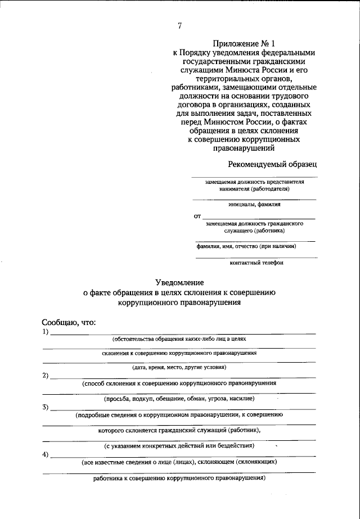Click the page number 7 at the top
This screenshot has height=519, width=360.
[179, 25]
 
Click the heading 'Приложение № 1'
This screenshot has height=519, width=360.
[244, 43]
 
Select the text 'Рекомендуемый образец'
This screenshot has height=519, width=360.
[272, 164]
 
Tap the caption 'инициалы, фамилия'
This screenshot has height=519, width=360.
[254, 205]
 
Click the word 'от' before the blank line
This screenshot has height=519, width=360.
[197, 216]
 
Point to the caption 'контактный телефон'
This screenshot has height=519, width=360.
[256, 263]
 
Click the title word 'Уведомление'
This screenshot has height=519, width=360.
[179, 282]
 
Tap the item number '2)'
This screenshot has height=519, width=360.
[46, 375]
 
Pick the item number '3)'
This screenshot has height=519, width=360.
[46, 407]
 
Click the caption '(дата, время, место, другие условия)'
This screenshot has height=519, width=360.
[179, 367]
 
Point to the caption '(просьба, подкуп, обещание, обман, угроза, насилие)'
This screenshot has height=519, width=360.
[179, 398]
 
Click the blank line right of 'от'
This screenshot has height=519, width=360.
[259, 218]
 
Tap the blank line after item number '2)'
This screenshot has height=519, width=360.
[183, 377]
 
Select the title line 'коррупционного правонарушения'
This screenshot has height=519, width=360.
[179, 302]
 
